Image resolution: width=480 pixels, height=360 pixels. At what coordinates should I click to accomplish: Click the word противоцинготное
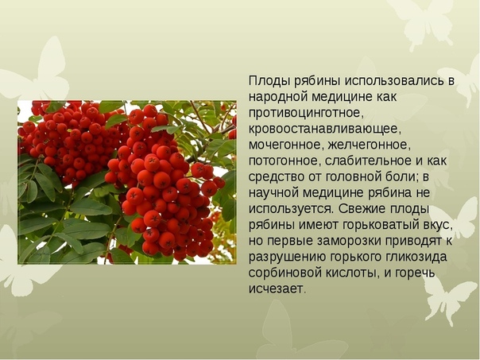tap(305, 114)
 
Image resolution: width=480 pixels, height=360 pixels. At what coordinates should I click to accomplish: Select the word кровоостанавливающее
tap(324, 130)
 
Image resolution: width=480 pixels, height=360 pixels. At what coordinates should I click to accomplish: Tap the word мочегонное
tap(286, 145)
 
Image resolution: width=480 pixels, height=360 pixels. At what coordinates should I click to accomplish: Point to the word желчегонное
tap(369, 145)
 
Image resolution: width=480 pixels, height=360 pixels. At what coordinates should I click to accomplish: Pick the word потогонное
tap(285, 161)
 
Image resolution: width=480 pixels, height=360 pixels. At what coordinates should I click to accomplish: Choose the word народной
tap(278, 97)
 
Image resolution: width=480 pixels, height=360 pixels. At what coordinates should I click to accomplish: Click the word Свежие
tap(362, 209)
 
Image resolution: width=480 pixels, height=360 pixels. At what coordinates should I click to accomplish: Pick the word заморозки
tap(348, 241)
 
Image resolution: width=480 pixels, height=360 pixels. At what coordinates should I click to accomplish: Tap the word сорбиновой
tap(284, 273)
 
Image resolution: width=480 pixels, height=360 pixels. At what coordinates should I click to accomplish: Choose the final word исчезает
tap(277, 288)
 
